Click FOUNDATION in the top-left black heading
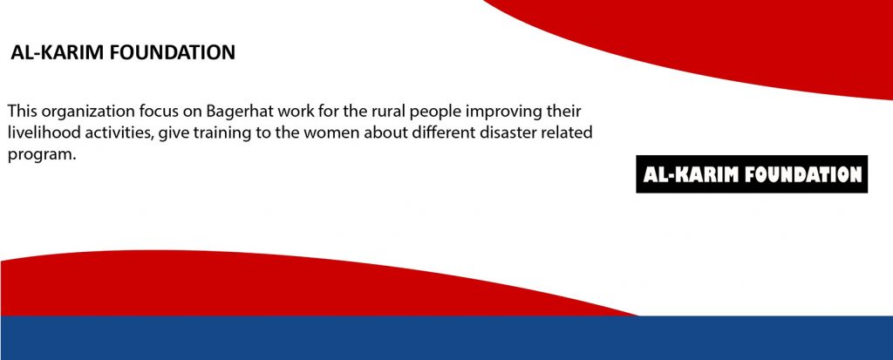[172, 52]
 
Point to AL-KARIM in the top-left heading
[58, 52]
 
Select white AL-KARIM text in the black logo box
[691, 174]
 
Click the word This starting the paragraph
[22, 111]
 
